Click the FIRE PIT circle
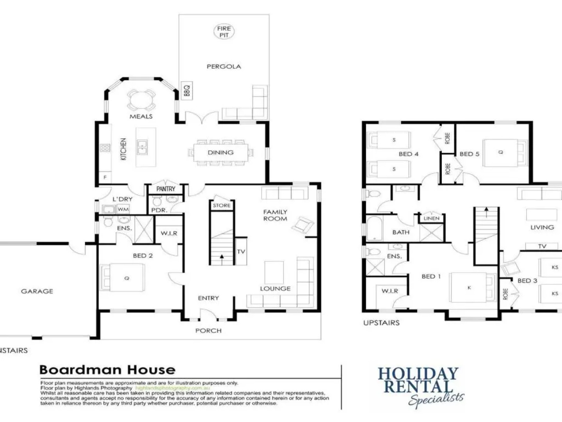tap(224, 32)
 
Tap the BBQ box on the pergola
tap(187, 91)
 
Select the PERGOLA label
tap(224, 66)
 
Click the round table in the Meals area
tap(141, 100)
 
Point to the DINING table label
tap(221, 152)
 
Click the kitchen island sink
tap(142, 148)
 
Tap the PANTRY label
tap(166, 189)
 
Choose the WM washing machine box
tap(123, 209)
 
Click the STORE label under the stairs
tap(222, 205)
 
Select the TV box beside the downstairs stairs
tap(241, 251)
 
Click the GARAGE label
tap(37, 291)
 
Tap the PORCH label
tap(208, 331)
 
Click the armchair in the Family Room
tap(303, 225)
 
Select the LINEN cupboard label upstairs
tap(431, 218)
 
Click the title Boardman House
tap(108, 370)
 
